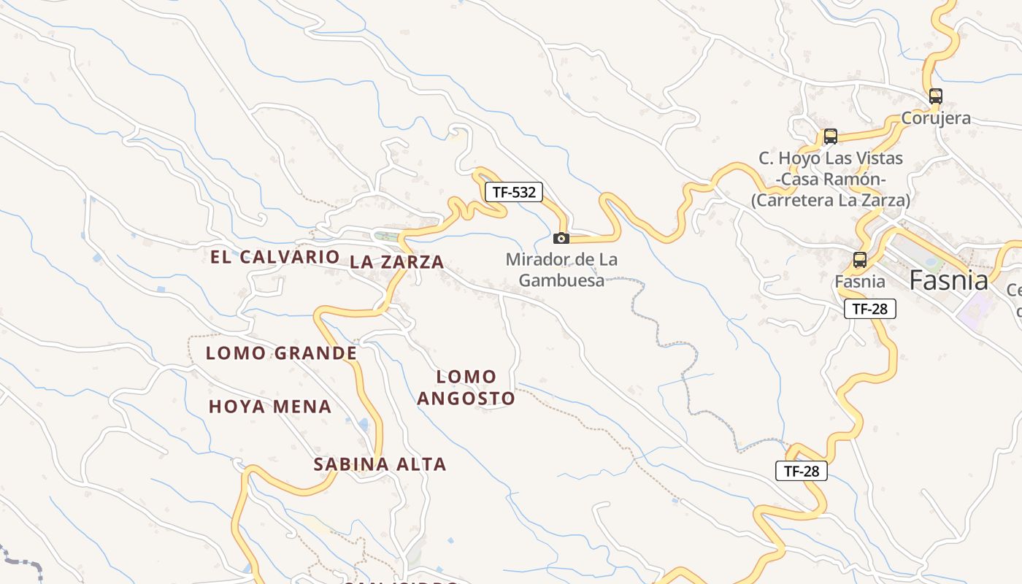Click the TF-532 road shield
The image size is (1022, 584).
tap(514, 192)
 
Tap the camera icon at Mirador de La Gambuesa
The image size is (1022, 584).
tap(561, 238)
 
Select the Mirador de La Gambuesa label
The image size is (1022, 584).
tap(561, 269)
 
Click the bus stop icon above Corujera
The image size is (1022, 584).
tap(936, 96)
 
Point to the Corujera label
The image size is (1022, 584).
tap(936, 118)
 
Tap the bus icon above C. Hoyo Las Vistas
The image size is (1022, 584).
tap(830, 136)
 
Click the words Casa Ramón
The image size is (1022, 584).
tap(831, 180)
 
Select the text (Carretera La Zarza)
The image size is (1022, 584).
tap(831, 200)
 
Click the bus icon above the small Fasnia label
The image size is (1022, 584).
tap(860, 259)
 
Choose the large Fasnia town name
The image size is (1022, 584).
tap(948, 280)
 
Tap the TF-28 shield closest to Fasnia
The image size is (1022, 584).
tap(869, 309)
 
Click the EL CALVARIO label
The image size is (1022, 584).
tap(275, 257)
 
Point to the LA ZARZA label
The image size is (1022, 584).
tap(396, 262)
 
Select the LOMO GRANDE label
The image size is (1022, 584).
tap(281, 353)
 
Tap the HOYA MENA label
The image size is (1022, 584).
tap(270, 407)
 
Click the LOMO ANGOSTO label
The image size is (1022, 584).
tap(466, 388)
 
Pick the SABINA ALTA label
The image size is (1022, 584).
tap(380, 464)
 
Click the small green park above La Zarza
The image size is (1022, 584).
tap(387, 236)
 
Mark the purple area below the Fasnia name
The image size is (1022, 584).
tap(973, 312)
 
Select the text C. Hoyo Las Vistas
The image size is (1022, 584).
tap(831, 158)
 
